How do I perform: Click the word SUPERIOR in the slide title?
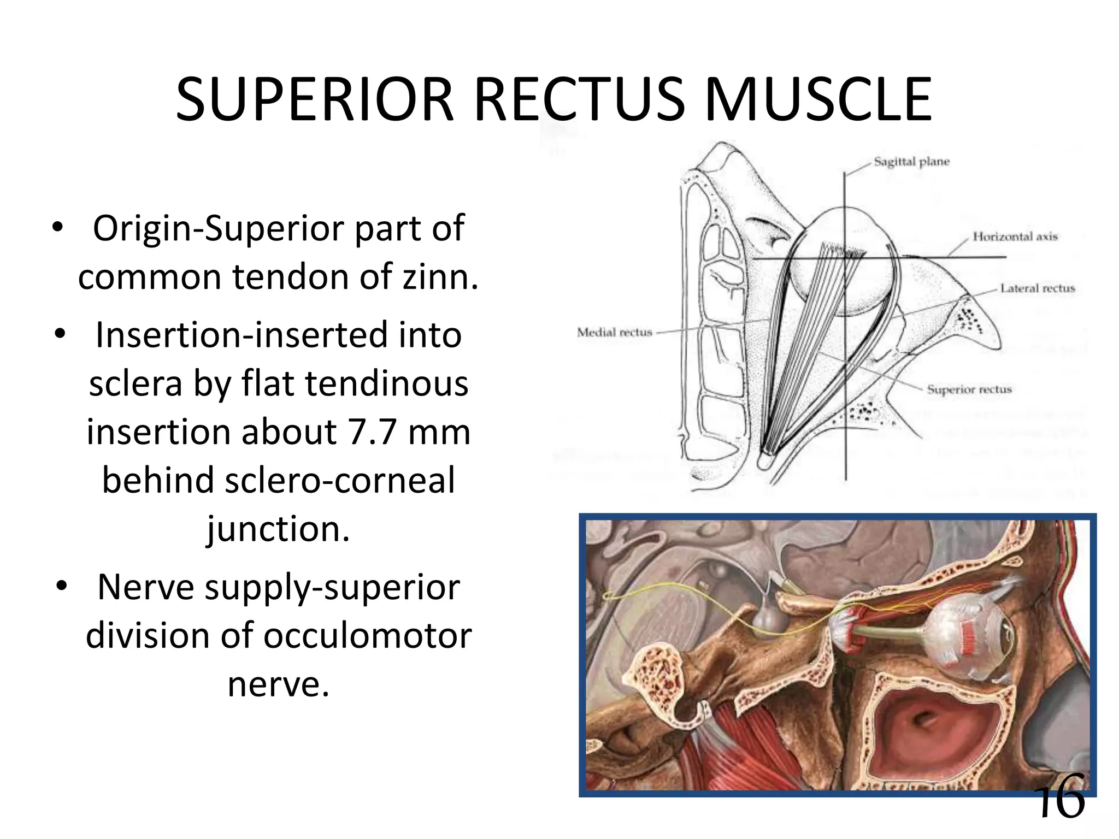pos(314,100)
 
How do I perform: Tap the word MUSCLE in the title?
pos(818,100)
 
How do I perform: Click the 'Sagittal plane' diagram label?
pos(911,162)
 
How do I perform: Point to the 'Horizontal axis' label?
pos(1015,237)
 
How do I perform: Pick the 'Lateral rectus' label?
pos(1038,288)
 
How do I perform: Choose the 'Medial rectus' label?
pos(615,332)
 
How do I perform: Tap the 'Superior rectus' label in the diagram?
pos(969,389)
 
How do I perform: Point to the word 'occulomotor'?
pos(368,636)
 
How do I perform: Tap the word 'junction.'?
pos(278,529)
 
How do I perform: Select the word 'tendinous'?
pos(386,383)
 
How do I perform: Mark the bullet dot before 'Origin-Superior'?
pos(57,228)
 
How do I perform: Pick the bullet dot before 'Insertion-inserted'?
pos(61,334)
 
